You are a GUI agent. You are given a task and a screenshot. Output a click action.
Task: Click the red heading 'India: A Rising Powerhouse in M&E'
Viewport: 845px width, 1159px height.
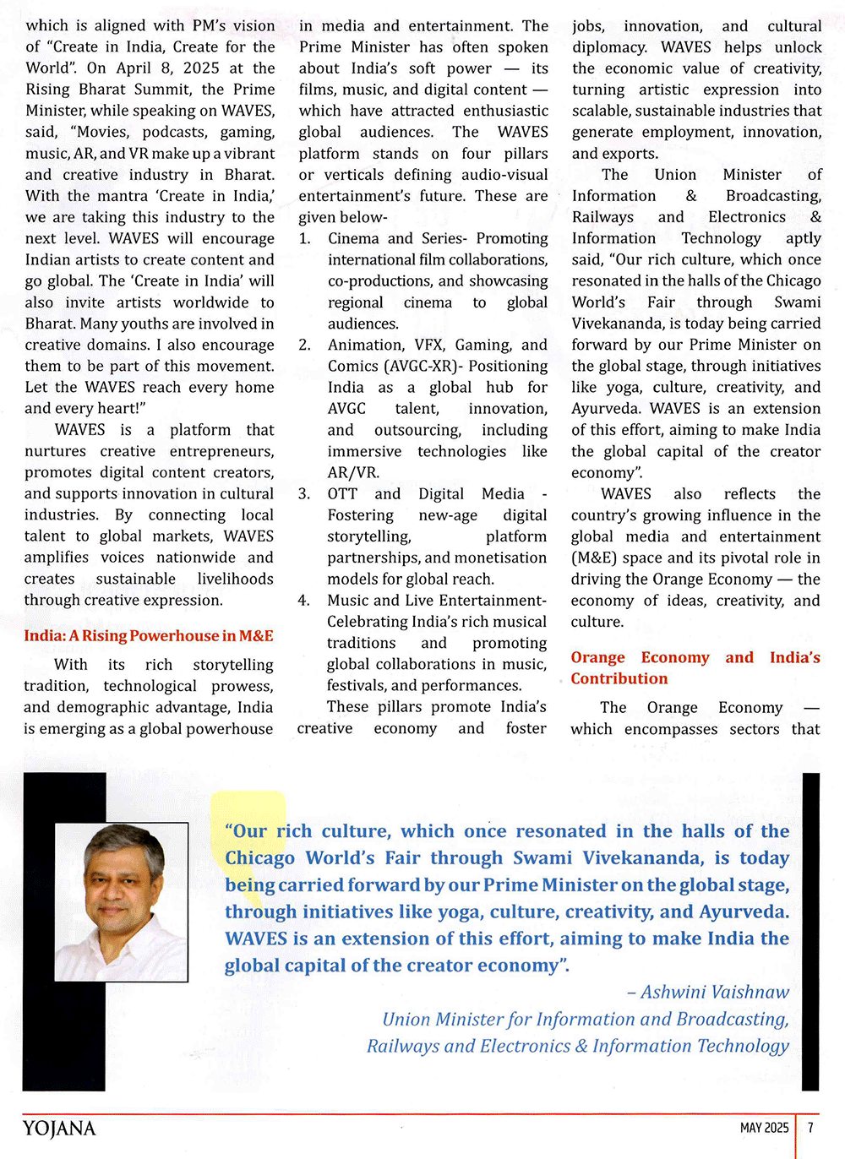[x=149, y=636]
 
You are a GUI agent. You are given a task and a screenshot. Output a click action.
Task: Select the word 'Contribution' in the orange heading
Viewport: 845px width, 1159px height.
[x=619, y=678]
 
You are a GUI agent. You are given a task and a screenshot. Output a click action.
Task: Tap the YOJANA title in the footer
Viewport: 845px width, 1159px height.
[x=59, y=1128]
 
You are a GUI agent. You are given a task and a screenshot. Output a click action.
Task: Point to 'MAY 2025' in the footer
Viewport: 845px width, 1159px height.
[x=764, y=1128]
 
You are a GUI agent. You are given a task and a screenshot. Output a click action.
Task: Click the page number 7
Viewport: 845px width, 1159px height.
[x=810, y=1128]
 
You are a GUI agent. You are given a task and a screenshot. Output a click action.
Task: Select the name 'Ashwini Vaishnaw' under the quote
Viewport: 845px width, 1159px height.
[x=714, y=992]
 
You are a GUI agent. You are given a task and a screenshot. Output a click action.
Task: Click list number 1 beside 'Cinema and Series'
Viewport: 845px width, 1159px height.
[x=304, y=239]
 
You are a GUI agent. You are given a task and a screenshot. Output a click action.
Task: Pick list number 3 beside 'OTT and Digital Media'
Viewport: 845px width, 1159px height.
[x=304, y=494]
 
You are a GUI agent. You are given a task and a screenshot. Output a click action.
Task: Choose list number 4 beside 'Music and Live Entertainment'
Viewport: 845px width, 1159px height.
[x=304, y=601]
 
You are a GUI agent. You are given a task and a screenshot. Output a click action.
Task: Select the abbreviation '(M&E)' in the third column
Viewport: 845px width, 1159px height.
[x=598, y=558]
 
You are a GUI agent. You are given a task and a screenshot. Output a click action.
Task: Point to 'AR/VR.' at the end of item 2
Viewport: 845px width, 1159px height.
[x=353, y=473]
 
